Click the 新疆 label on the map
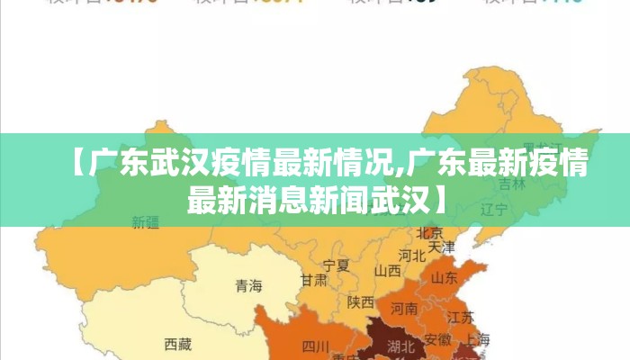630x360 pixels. (145, 220)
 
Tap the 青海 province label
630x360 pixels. (248, 286)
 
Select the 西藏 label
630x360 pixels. (178, 343)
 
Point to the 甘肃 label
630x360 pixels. (313, 280)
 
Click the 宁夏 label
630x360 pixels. (336, 265)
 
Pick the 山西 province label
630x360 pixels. (388, 270)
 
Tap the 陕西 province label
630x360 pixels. (360, 301)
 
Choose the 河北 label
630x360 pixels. (411, 255)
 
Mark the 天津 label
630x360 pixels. (441, 246)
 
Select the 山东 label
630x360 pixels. (445, 277)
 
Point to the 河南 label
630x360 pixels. (404, 308)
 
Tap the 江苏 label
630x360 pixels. (461, 317)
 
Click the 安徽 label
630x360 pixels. (437, 339)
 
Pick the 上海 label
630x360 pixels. (479, 339)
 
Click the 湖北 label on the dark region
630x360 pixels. (400, 345)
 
